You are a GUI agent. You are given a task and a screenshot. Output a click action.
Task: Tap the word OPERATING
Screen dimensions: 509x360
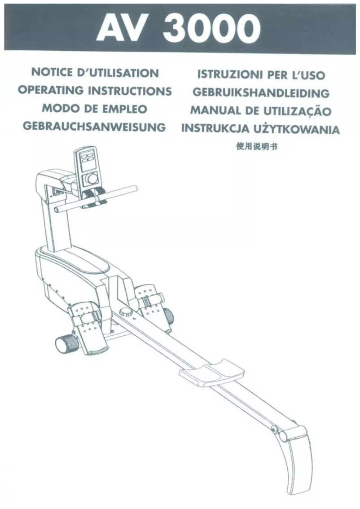click(x=53, y=91)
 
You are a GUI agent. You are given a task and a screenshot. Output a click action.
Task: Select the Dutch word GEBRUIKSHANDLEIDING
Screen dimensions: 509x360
click(x=260, y=93)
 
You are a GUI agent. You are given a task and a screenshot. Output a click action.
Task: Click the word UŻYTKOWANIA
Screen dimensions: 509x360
click(x=302, y=130)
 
